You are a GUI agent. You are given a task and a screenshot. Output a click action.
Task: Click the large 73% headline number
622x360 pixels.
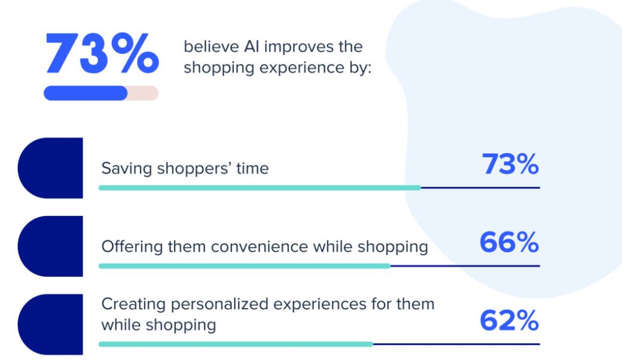coord(102,53)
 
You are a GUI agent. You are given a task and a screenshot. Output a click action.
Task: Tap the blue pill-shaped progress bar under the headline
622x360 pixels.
coord(86,93)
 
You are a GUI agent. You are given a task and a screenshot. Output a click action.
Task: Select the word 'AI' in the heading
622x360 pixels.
coord(251,47)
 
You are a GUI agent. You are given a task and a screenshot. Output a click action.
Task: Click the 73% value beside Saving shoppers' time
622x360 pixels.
coord(510,164)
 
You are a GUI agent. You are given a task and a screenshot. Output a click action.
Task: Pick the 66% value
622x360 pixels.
coord(510,242)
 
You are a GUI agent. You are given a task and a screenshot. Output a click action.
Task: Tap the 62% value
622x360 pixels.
coord(510,321)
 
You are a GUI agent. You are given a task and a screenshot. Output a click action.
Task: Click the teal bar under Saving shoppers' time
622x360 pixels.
coord(260,188)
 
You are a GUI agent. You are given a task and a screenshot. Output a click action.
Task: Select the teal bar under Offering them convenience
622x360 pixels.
coord(245,266)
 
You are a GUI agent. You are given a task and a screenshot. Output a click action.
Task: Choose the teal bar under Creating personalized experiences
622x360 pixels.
coord(236,344)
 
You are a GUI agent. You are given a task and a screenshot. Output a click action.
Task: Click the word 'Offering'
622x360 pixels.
coord(132,246)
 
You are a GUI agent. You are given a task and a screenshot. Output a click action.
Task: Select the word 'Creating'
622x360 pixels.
coord(134,304)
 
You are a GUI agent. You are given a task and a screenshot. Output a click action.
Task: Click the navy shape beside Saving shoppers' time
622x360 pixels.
coord(50,168)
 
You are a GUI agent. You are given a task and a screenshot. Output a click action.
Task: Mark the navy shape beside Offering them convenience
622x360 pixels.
coord(50,246)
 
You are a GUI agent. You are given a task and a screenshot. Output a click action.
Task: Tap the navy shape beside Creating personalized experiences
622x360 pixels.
coord(50,324)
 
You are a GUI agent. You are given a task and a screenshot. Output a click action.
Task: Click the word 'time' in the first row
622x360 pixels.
coord(252,169)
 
